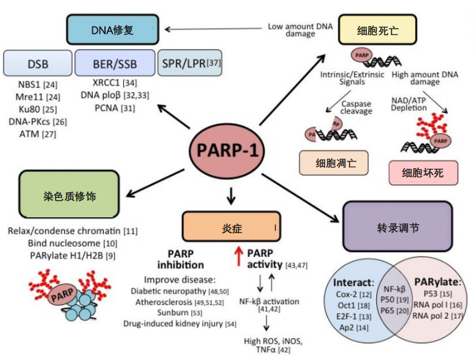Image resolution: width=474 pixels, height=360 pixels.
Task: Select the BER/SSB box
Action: (x=115, y=64)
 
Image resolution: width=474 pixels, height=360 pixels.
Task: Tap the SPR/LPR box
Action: (x=188, y=63)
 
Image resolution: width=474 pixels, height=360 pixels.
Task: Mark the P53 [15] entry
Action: (x=430, y=294)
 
